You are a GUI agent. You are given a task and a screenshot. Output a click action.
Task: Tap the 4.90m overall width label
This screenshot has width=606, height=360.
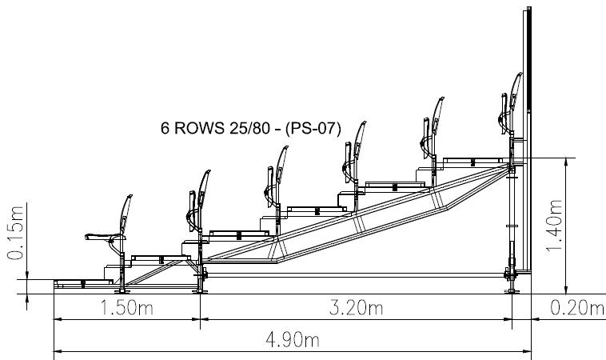coord(290,339)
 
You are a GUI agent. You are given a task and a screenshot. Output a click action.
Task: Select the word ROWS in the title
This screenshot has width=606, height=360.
coord(199,127)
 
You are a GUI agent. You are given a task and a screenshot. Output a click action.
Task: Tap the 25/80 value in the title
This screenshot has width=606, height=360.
coord(251,127)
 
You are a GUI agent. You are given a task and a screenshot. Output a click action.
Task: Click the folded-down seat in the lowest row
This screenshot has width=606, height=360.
coord(108,232)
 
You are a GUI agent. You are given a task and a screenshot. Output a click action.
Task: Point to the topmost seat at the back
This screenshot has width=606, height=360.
coord(508,108)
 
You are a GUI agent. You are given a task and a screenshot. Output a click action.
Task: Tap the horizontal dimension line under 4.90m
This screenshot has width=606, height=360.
coord(290,350)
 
